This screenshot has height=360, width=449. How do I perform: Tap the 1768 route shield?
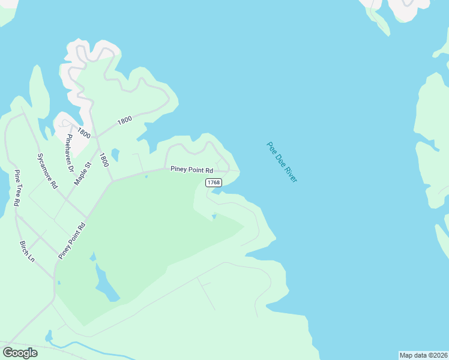pos(213,182)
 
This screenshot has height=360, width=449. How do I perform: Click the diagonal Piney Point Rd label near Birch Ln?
pos(73,241)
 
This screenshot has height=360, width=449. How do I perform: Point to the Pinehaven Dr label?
pos(69,153)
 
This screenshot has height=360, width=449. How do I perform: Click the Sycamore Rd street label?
pos(47,171)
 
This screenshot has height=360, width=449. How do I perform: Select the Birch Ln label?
pos(28,251)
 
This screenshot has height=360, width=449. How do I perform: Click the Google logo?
pos(20,353)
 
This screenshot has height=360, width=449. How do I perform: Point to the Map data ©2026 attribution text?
pos(423,355)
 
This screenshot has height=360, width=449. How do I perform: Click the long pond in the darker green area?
pos(106,283)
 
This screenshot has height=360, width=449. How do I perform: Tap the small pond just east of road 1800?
pos(115,155)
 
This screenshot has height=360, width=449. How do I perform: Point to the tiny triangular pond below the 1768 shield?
pos(214,217)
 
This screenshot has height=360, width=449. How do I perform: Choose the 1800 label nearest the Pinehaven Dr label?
pos(83,134)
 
